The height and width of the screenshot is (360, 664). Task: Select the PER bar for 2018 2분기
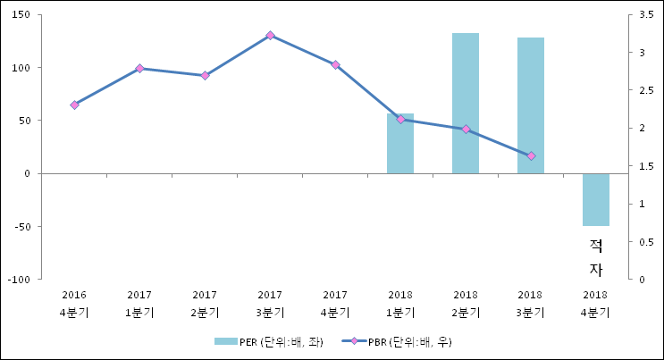click(x=465, y=103)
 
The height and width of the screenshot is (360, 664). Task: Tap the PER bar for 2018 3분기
click(x=530, y=105)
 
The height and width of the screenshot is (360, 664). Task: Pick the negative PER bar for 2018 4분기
click(x=595, y=199)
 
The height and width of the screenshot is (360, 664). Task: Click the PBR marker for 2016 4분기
click(x=74, y=105)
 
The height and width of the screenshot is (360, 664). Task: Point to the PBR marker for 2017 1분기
click(x=139, y=68)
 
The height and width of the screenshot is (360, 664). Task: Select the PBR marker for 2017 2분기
click(x=205, y=75)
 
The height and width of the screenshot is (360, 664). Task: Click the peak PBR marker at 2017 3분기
click(x=270, y=35)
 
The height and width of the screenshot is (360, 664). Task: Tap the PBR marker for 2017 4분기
click(x=335, y=64)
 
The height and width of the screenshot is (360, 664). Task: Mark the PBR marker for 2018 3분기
click(x=531, y=155)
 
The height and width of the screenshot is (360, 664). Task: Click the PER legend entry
click(x=268, y=341)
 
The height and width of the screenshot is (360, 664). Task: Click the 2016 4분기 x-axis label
click(x=74, y=303)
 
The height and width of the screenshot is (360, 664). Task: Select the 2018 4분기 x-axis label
click(x=595, y=303)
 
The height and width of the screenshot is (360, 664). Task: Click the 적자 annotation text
click(x=595, y=257)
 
